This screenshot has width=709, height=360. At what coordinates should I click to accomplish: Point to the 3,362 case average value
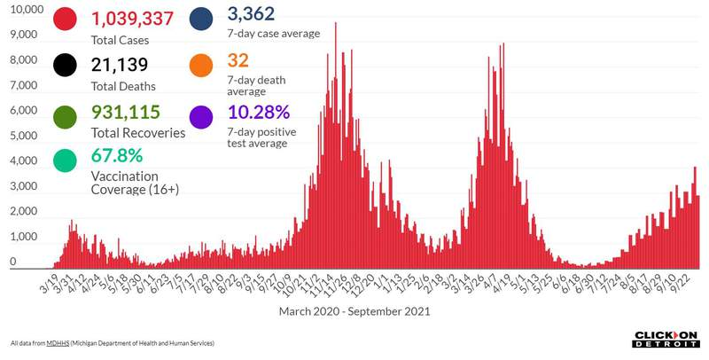tap(252, 14)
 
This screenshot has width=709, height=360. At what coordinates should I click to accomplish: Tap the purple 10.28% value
tap(259, 113)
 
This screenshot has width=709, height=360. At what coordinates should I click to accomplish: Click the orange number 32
tap(238, 61)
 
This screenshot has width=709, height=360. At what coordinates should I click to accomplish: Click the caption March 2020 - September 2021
tap(354, 311)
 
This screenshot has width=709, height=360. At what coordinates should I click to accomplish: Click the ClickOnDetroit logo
tap(666, 338)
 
